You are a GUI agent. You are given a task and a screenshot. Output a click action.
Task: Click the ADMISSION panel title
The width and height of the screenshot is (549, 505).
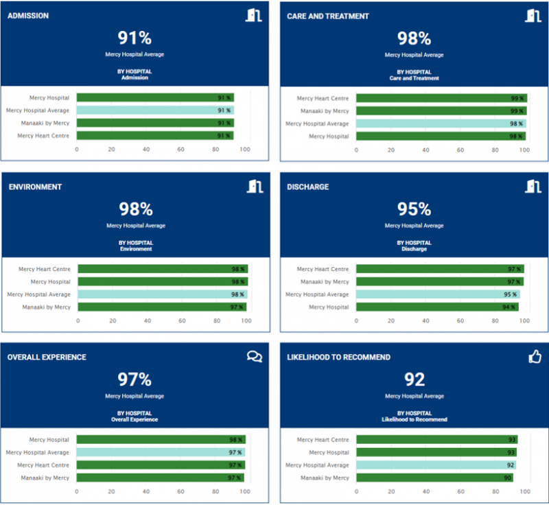click(x=28, y=16)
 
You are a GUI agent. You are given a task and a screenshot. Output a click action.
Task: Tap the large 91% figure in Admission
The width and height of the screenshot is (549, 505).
click(x=135, y=38)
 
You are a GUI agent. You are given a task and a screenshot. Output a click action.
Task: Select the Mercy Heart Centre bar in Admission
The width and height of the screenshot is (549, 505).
click(x=155, y=136)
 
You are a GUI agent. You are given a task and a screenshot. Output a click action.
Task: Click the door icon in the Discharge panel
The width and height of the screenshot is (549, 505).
click(x=533, y=186)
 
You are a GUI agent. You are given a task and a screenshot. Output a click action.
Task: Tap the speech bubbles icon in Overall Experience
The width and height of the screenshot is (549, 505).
click(x=255, y=357)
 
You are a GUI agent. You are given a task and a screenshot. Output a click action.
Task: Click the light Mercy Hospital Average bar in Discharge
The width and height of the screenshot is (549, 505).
click(x=438, y=294)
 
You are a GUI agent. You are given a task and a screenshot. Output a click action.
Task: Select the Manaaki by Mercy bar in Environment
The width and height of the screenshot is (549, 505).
click(x=162, y=307)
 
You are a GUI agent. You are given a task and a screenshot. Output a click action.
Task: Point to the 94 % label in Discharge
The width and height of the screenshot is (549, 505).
click(x=509, y=307)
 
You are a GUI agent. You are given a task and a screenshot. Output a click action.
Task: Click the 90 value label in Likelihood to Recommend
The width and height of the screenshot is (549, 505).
click(x=507, y=478)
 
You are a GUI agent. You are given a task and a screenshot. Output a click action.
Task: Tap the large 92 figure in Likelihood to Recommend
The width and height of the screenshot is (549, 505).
click(x=414, y=379)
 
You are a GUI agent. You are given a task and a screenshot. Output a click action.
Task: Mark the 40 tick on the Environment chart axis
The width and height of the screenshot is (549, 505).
click(x=148, y=320)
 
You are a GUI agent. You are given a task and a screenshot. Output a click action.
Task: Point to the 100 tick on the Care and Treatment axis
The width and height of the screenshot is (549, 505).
click(x=529, y=150)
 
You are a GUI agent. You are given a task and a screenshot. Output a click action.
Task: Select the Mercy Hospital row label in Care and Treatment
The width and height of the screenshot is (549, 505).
click(x=329, y=137)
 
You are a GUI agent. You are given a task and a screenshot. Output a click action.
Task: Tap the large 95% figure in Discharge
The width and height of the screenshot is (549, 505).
click(x=414, y=209)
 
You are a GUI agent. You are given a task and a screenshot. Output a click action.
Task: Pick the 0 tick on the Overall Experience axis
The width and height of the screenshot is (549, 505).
click(x=77, y=491)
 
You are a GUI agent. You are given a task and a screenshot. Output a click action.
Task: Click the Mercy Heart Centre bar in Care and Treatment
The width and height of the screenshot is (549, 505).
click(x=441, y=98)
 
